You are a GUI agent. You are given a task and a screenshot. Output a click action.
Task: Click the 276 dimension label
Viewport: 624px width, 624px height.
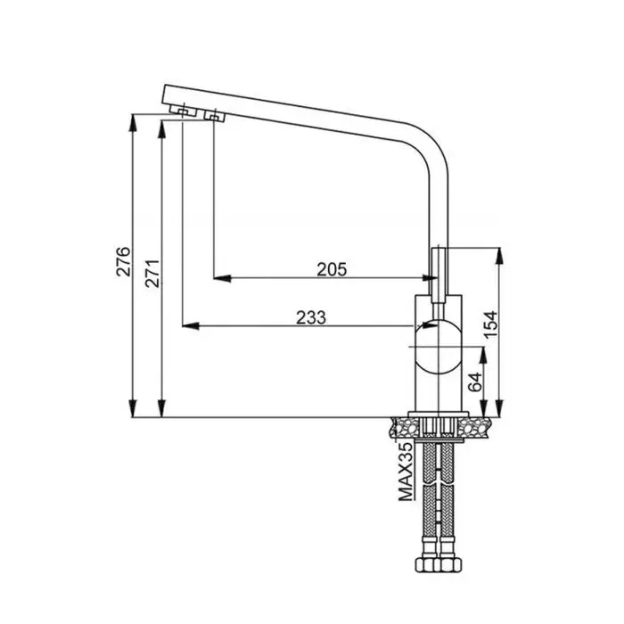(123, 261)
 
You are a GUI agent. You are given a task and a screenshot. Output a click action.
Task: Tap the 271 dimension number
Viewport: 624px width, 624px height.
(152, 274)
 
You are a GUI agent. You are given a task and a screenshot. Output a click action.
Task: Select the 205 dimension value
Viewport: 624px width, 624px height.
(332, 269)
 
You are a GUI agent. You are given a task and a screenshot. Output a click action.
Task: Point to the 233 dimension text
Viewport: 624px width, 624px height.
(311, 317)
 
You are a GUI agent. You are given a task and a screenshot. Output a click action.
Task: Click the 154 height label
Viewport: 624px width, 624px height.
(490, 324)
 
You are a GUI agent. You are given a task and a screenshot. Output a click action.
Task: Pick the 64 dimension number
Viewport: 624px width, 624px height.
(475, 382)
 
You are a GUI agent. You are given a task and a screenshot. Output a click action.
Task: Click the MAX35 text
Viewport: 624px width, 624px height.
(406, 472)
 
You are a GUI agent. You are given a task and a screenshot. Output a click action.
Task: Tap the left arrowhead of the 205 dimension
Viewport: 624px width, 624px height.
(222, 278)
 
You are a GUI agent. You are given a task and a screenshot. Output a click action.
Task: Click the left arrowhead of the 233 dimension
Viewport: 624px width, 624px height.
(191, 326)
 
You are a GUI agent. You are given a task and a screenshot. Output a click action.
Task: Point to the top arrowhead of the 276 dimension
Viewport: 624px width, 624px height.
(133, 123)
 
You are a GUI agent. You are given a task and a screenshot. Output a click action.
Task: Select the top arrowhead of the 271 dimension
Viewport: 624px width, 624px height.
(161, 129)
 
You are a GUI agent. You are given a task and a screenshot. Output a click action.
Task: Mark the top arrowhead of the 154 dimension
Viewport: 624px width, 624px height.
(500, 256)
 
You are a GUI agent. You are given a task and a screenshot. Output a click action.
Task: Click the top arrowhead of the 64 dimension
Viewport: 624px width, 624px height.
(483, 355)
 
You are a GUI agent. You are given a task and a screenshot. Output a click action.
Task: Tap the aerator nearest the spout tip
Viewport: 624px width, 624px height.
(183, 111)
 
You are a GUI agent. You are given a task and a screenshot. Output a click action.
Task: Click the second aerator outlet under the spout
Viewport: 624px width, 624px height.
(214, 116)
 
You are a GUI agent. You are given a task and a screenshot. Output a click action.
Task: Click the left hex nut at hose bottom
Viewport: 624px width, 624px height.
(427, 564)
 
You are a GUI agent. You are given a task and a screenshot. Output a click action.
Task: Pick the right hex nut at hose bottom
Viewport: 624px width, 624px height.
(449, 564)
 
